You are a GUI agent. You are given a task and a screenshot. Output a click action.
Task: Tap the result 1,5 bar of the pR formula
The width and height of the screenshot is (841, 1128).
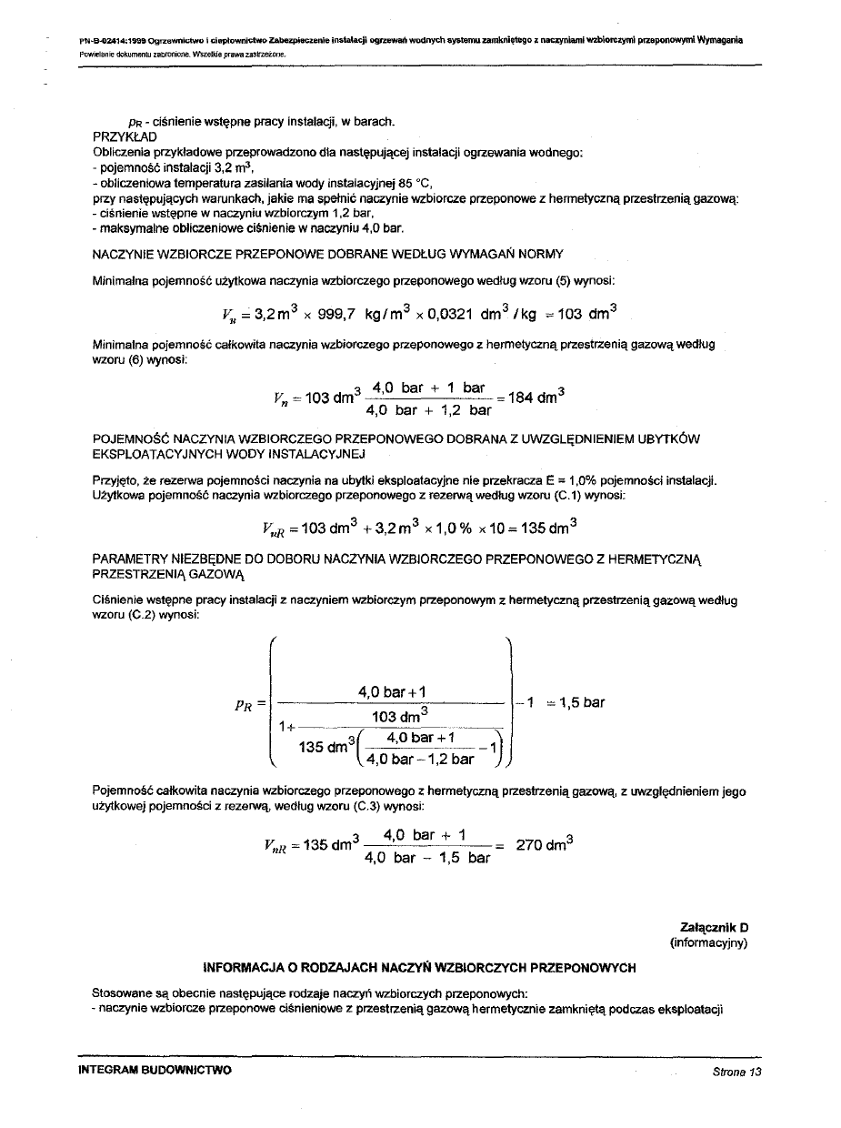coord(580,702)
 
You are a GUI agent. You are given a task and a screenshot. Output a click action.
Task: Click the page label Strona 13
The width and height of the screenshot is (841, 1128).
coord(736,1071)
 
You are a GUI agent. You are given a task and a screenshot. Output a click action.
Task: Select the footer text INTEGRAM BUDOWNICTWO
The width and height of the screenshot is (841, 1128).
coord(155,1070)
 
